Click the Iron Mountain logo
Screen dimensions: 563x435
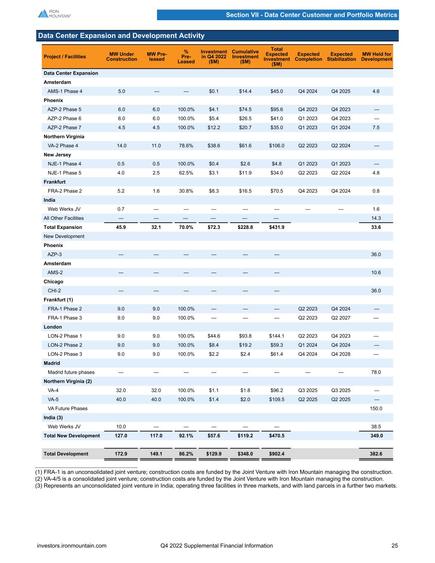point(54,14)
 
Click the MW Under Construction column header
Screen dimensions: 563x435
point(122,57)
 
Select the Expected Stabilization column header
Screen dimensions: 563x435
point(341,57)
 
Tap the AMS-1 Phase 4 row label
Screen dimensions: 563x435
point(64,91)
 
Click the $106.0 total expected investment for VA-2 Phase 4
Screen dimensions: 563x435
point(277,146)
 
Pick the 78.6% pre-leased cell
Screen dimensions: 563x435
point(186,146)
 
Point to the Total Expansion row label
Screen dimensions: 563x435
point(63,227)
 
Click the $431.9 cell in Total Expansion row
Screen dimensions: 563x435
point(277,227)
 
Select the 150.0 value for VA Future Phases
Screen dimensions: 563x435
point(376,408)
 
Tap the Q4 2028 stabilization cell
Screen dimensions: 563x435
point(341,354)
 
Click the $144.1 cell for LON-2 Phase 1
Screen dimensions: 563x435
point(277,336)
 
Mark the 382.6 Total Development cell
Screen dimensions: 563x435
point(376,454)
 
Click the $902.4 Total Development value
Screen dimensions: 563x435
point(277,454)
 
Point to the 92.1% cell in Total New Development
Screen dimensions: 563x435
point(186,436)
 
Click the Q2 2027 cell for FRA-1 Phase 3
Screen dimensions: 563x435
point(341,318)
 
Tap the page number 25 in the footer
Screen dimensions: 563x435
point(395,546)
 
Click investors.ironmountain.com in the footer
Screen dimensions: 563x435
point(72,546)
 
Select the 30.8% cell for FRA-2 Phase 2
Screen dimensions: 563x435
point(186,191)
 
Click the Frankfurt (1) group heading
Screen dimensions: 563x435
point(58,299)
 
